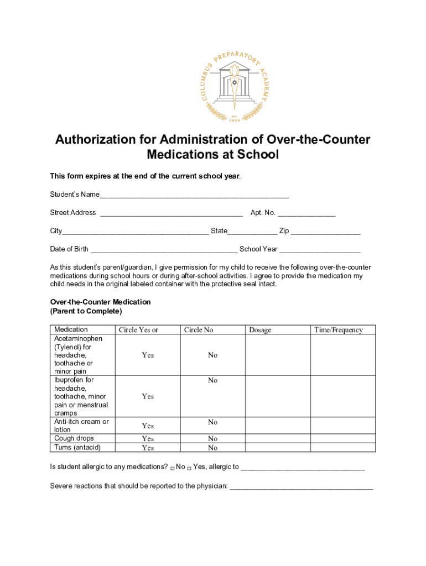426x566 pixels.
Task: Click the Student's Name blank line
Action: click(x=194, y=196)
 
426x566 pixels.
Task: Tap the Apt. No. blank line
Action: click(x=306, y=214)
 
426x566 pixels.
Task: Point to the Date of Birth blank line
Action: click(x=164, y=250)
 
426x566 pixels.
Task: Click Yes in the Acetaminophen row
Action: click(x=148, y=355)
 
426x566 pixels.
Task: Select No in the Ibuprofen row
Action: click(x=213, y=380)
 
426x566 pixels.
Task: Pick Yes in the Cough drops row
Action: click(x=148, y=439)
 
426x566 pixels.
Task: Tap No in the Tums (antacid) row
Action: click(x=213, y=448)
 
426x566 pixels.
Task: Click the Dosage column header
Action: click(x=260, y=330)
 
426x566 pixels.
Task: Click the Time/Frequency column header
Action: click(x=339, y=330)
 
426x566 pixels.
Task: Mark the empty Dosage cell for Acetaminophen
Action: click(x=277, y=355)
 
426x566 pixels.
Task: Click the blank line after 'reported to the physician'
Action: click(x=302, y=488)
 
